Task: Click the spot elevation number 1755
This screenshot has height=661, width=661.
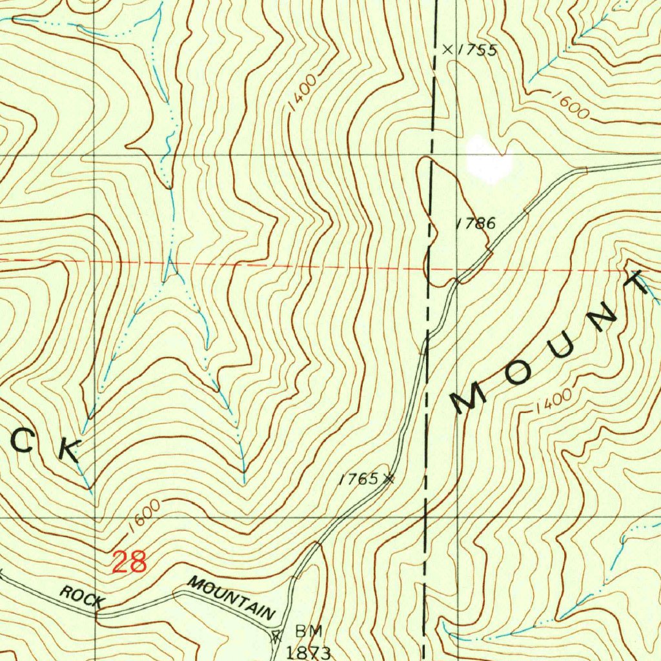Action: [x=478, y=50]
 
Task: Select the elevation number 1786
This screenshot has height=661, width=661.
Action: [x=476, y=224]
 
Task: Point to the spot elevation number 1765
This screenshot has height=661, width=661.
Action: [x=359, y=479]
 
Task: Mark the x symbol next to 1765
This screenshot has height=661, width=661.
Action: [x=389, y=478]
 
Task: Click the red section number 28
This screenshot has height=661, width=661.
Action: [x=129, y=562]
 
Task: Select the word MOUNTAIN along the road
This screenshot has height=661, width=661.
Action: [x=230, y=599]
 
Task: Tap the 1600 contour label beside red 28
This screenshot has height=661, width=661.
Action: [x=143, y=516]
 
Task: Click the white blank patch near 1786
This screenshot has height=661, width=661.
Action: [x=489, y=158]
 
